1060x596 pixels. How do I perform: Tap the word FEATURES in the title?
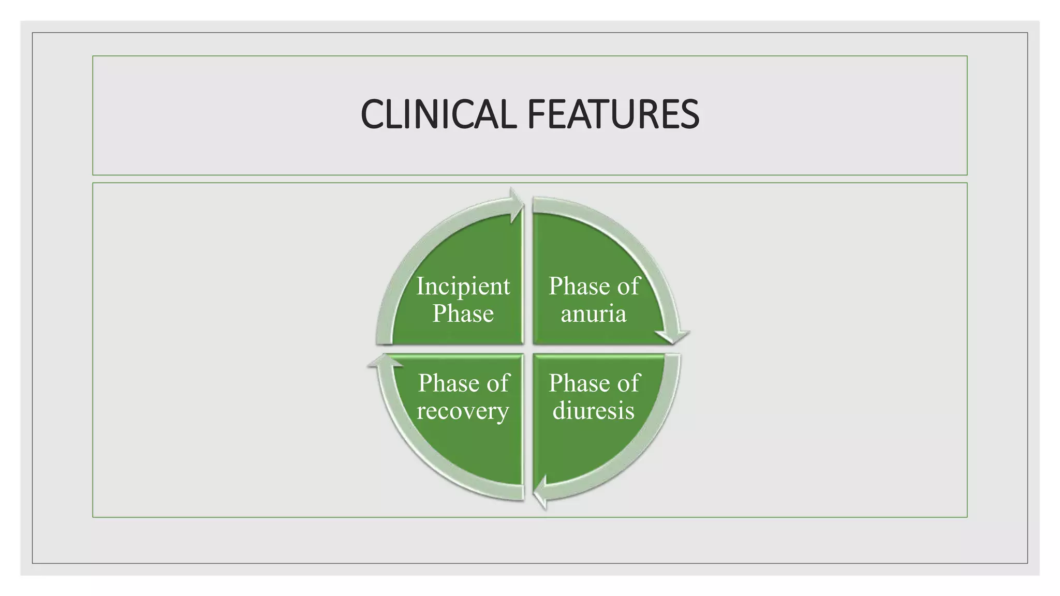tap(613, 114)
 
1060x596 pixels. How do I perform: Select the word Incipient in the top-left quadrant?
tap(463, 287)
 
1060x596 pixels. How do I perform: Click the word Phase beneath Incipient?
tap(463, 314)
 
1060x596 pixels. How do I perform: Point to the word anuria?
tap(594, 314)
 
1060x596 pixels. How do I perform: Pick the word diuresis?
tap(594, 411)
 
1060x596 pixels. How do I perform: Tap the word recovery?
tap(463, 411)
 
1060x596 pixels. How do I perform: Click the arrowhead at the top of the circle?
tap(516, 205)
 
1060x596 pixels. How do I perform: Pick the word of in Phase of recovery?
tap(498, 383)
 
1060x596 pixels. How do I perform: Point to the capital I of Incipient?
tap(420, 286)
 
